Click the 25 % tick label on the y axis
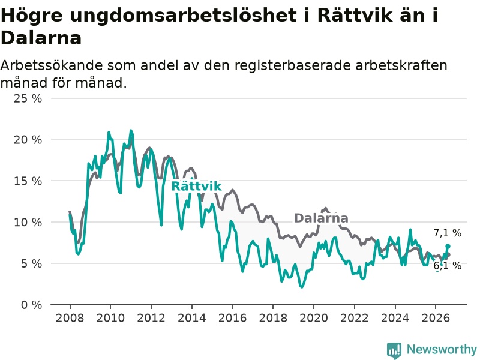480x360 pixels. click(28, 98)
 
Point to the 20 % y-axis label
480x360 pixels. click(28, 140)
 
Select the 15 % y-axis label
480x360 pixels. click(28, 181)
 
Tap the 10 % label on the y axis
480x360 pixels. click(28, 222)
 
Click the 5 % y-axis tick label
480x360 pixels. click(31, 263)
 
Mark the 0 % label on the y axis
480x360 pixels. click(31, 305)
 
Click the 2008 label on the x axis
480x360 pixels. click(70, 318)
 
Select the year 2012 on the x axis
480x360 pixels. click(151, 318)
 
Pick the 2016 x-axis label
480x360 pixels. click(233, 318)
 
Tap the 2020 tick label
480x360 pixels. click(314, 318)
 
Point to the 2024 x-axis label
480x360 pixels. click(395, 318)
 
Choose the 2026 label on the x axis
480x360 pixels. click(436, 318)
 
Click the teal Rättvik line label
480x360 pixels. click(196, 186)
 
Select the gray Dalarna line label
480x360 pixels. click(321, 218)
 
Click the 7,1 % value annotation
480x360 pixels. click(447, 233)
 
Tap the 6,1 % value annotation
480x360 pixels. click(447, 266)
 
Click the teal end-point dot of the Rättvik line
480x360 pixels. click(448, 246)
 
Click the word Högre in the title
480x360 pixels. click(32, 16)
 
